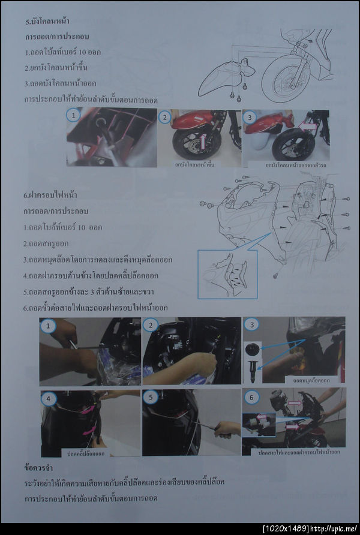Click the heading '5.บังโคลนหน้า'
[45, 22]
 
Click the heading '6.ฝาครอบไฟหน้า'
[50, 195]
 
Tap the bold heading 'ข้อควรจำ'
[40, 466]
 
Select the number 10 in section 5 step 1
[71, 52]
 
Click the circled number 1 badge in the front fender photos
[73, 115]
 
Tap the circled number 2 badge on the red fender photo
[164, 118]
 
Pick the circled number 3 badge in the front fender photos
[250, 118]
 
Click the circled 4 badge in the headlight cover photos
[47, 397]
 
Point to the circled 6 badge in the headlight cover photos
[251, 396]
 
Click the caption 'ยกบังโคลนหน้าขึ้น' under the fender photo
[194, 163]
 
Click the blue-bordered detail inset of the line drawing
[227, 274]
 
